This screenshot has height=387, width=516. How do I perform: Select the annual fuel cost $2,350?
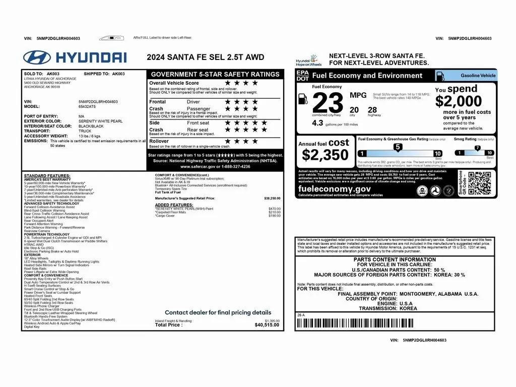325,154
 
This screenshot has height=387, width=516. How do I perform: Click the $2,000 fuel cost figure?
459,101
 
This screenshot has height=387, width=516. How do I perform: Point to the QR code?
479,182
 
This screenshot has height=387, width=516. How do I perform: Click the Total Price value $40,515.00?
267,325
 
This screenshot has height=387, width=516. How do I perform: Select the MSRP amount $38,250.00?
272,199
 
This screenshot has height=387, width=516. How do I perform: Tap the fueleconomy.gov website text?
334,189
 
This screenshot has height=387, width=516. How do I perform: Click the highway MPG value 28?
372,110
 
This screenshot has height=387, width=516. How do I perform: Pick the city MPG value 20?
354,110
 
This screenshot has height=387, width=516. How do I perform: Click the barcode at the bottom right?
395,323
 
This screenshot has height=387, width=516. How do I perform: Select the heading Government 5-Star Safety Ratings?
215,74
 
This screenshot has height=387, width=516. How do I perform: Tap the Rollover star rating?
241,142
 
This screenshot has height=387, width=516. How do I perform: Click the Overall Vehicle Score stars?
241,83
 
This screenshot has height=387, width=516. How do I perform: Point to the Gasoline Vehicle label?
478,76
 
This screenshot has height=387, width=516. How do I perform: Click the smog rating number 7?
477,148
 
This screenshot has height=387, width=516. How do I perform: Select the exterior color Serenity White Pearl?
100,121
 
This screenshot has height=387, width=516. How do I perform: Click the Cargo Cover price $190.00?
275,216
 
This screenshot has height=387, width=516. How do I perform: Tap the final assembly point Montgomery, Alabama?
408,294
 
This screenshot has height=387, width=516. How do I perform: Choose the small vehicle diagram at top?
111,38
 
